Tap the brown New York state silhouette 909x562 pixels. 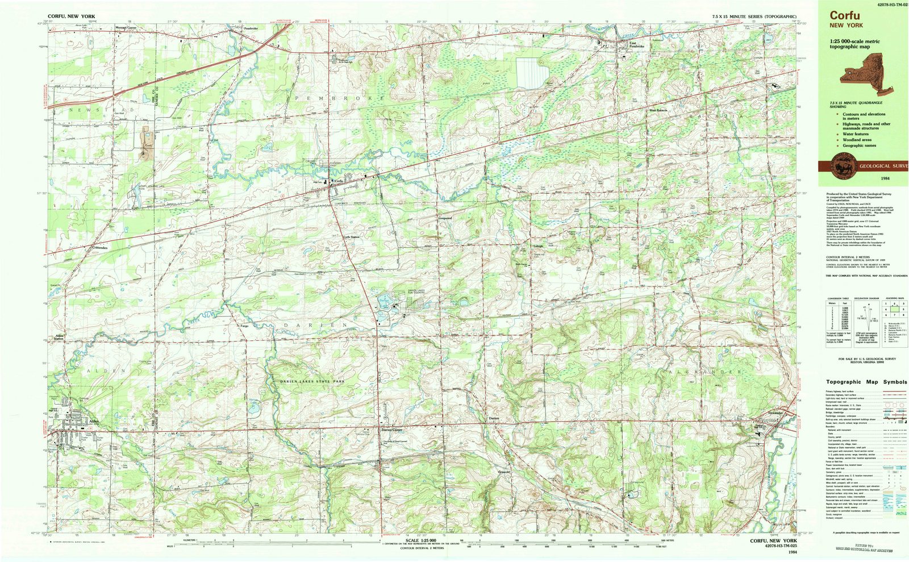point(870,73)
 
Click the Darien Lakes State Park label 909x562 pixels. point(312,381)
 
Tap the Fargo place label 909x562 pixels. point(244,326)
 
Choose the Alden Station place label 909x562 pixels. point(59,337)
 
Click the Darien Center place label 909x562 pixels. point(391,430)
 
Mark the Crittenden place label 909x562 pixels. point(97,248)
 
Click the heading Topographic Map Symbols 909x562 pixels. point(866,382)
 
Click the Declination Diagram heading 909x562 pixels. point(865,298)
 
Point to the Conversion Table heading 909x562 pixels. point(837,298)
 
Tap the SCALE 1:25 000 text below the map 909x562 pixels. point(420,540)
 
